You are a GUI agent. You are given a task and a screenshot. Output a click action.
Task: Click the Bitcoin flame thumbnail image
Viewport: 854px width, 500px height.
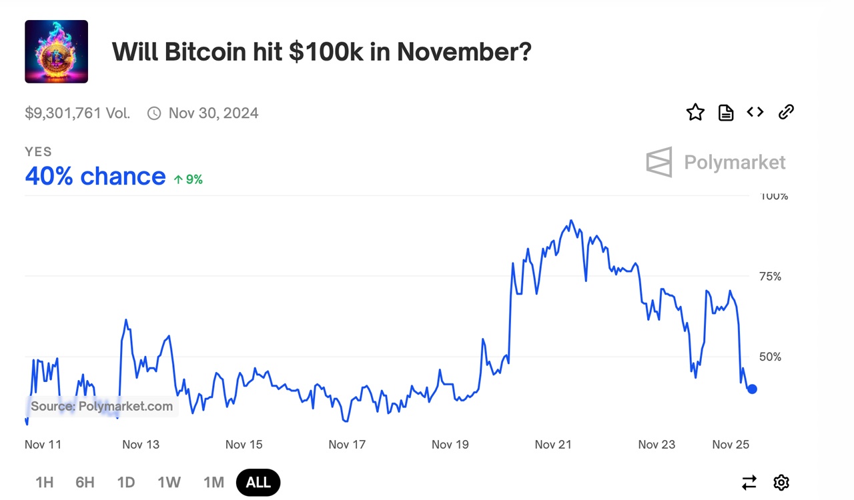point(56,51)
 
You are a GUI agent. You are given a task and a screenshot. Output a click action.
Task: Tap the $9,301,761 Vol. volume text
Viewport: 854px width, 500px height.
point(77,113)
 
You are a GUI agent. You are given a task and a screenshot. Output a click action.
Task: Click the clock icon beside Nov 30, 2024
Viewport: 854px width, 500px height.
point(154,113)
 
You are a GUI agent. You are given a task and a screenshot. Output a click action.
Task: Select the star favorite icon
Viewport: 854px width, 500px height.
point(695,112)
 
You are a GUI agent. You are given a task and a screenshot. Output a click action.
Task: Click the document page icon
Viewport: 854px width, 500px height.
point(725,113)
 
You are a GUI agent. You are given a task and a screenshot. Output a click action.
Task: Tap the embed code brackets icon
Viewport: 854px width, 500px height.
point(755,112)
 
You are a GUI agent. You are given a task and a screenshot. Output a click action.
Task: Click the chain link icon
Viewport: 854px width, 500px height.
point(786,112)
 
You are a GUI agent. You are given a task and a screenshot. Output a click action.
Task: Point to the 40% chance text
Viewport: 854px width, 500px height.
point(95,176)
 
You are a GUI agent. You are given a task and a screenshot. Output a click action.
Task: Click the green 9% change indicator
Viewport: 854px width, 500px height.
point(188,179)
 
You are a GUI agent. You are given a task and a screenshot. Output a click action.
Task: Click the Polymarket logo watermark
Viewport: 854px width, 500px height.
point(716,162)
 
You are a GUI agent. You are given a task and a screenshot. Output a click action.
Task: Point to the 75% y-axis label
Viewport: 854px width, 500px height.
point(770,277)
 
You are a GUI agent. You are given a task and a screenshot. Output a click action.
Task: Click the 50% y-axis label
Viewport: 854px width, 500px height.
point(770,357)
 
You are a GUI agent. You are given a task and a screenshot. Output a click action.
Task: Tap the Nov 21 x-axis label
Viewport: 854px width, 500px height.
point(553,445)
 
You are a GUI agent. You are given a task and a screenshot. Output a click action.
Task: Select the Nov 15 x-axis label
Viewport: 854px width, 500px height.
point(244,445)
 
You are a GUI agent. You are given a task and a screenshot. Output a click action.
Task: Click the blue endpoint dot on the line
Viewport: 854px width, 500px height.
point(752,389)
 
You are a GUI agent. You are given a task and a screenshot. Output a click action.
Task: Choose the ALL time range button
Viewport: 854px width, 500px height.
point(258,482)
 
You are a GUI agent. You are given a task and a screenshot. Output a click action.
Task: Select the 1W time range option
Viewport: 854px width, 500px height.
point(169,482)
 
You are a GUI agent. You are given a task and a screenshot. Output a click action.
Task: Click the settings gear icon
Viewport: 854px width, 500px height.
point(781,482)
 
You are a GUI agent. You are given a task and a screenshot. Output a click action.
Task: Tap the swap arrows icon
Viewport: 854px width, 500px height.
point(749,482)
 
